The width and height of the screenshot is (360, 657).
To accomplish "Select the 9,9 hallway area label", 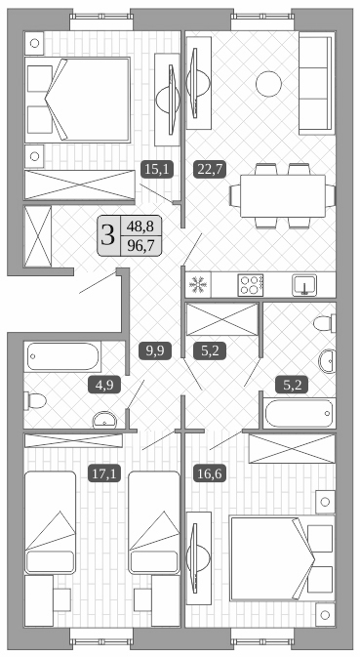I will point(154,349).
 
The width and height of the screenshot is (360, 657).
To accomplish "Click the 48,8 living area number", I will point(140,225).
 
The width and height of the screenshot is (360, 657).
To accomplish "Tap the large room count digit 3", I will point(107,234).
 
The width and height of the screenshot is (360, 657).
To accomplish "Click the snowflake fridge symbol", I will point(198,285).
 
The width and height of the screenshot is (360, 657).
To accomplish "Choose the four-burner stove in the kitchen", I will point(251,285).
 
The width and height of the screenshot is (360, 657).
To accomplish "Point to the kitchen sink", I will point(306,285).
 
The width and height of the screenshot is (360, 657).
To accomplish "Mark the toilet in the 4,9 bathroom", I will point(34,400).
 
